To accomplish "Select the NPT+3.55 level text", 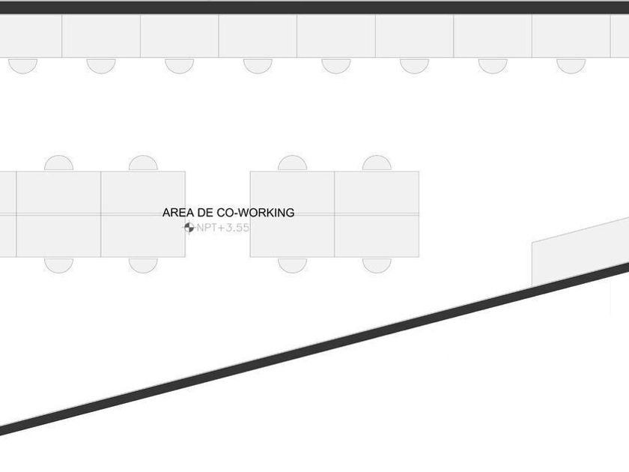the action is tap(222, 228).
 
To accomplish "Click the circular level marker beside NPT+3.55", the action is tap(189, 228).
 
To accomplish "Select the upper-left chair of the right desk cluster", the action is tap(292, 164).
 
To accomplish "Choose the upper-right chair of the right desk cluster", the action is tap(377, 164).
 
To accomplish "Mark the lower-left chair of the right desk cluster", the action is tap(292, 264).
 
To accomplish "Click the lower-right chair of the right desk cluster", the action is tap(377, 264).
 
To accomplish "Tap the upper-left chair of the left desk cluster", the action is tap(58, 164).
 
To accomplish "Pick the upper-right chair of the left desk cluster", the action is tap(143, 164).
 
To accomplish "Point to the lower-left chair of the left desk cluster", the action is tap(58, 264).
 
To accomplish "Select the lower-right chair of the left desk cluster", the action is tap(143, 264).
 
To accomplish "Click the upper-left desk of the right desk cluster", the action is tap(292, 193).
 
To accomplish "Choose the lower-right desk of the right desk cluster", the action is tap(377, 236).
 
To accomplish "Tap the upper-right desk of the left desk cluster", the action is tap(143, 193).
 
